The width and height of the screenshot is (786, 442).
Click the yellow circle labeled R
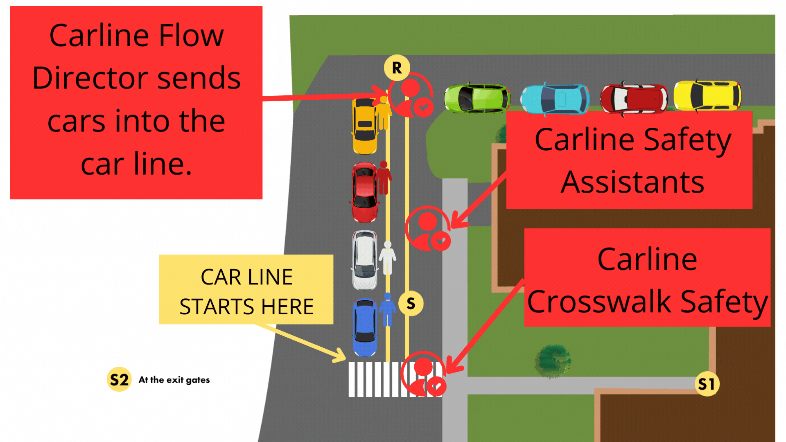point(397,68)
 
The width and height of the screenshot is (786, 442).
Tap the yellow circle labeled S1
point(707,384)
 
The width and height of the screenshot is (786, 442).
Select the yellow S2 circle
point(119,379)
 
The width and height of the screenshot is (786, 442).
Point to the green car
point(477,98)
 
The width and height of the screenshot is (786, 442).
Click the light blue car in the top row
point(555,99)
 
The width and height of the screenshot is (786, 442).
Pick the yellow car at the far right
point(707,96)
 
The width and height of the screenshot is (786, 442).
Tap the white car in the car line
point(364,260)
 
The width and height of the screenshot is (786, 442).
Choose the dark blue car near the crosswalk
point(365,327)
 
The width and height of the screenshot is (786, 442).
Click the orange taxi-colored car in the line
point(364,126)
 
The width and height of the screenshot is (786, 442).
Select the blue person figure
point(387,309)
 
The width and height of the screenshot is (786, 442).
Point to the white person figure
point(387,258)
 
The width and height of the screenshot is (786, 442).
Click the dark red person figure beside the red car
point(383,178)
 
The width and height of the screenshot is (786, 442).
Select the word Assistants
point(632,182)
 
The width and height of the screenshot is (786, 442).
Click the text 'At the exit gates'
point(174,380)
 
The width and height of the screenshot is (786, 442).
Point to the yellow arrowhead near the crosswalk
point(340,354)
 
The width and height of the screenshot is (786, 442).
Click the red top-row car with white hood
point(634,99)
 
